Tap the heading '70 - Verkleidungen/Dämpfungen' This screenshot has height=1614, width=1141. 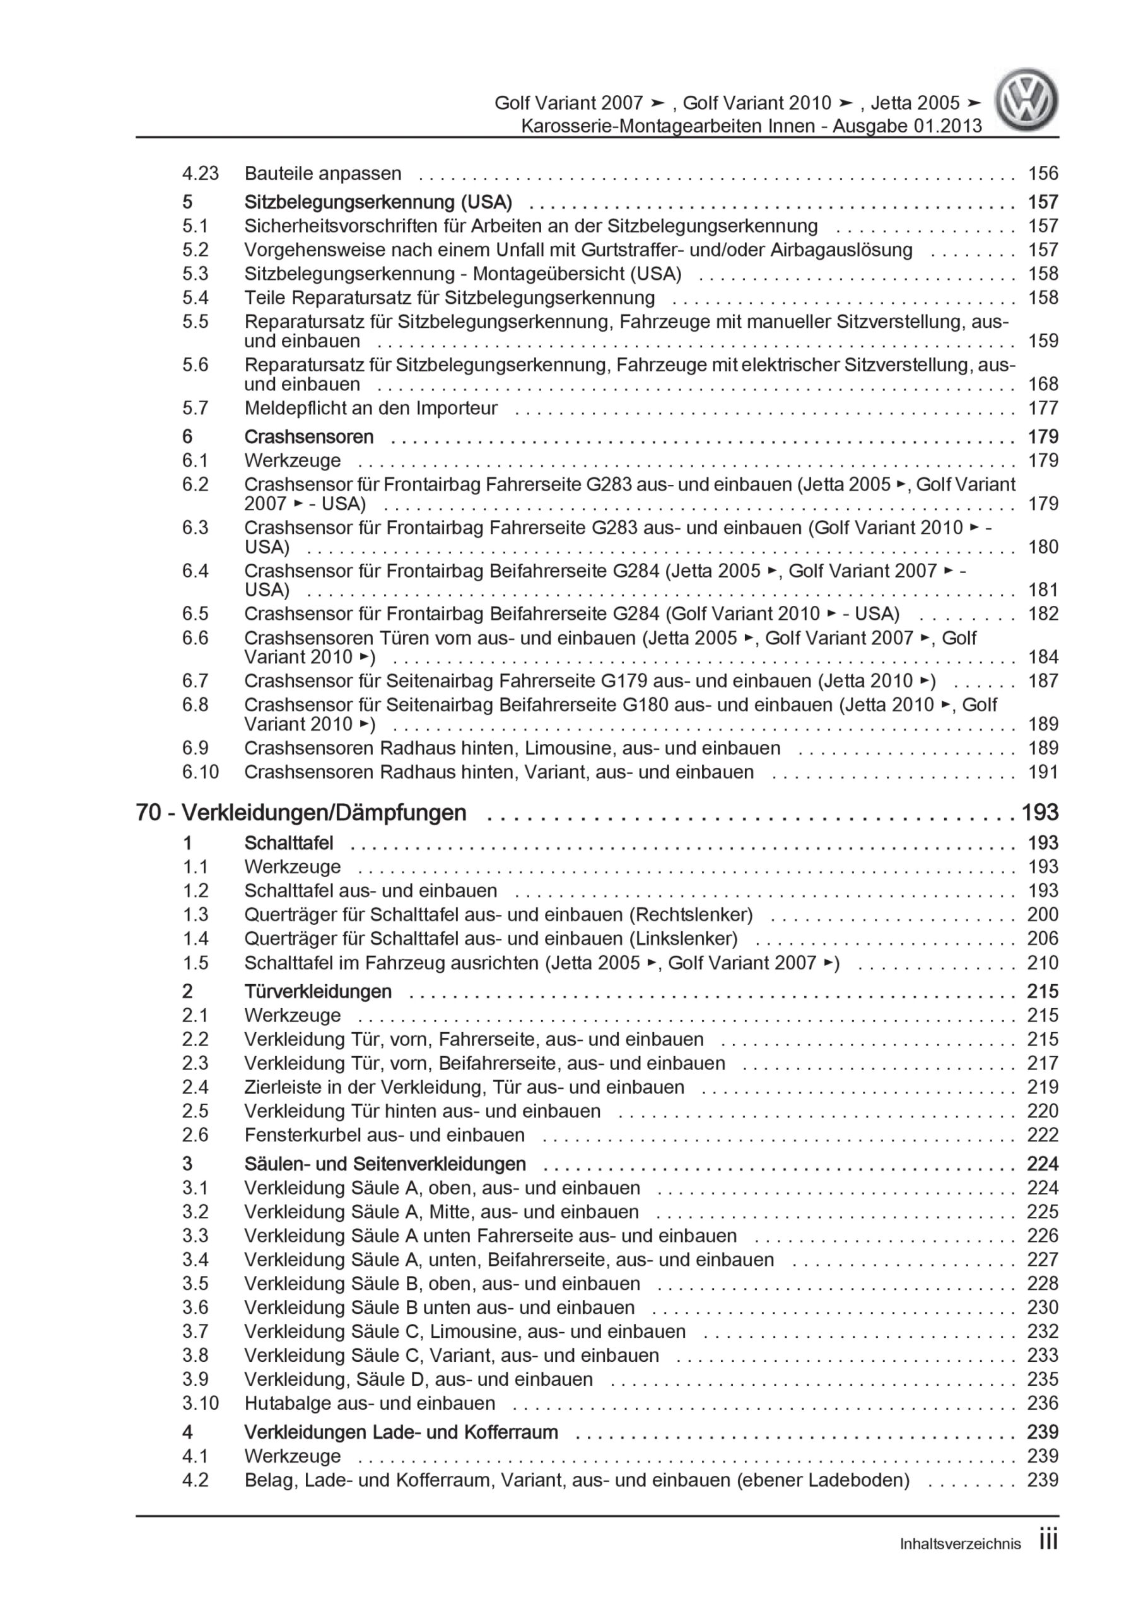301,813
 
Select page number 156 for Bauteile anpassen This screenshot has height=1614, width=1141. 1043,173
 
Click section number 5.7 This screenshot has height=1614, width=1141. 196,408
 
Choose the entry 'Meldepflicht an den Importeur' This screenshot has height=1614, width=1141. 371,408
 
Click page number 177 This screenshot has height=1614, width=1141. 1043,408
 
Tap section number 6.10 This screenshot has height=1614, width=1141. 201,772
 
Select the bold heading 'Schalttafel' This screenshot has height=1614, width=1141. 288,843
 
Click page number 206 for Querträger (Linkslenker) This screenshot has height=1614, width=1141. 1043,939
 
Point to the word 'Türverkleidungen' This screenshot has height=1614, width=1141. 318,991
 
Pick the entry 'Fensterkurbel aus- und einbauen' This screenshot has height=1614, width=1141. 384,1135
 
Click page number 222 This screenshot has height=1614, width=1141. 1043,1135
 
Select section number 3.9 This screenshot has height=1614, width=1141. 196,1379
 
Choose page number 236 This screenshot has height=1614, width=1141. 1043,1403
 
